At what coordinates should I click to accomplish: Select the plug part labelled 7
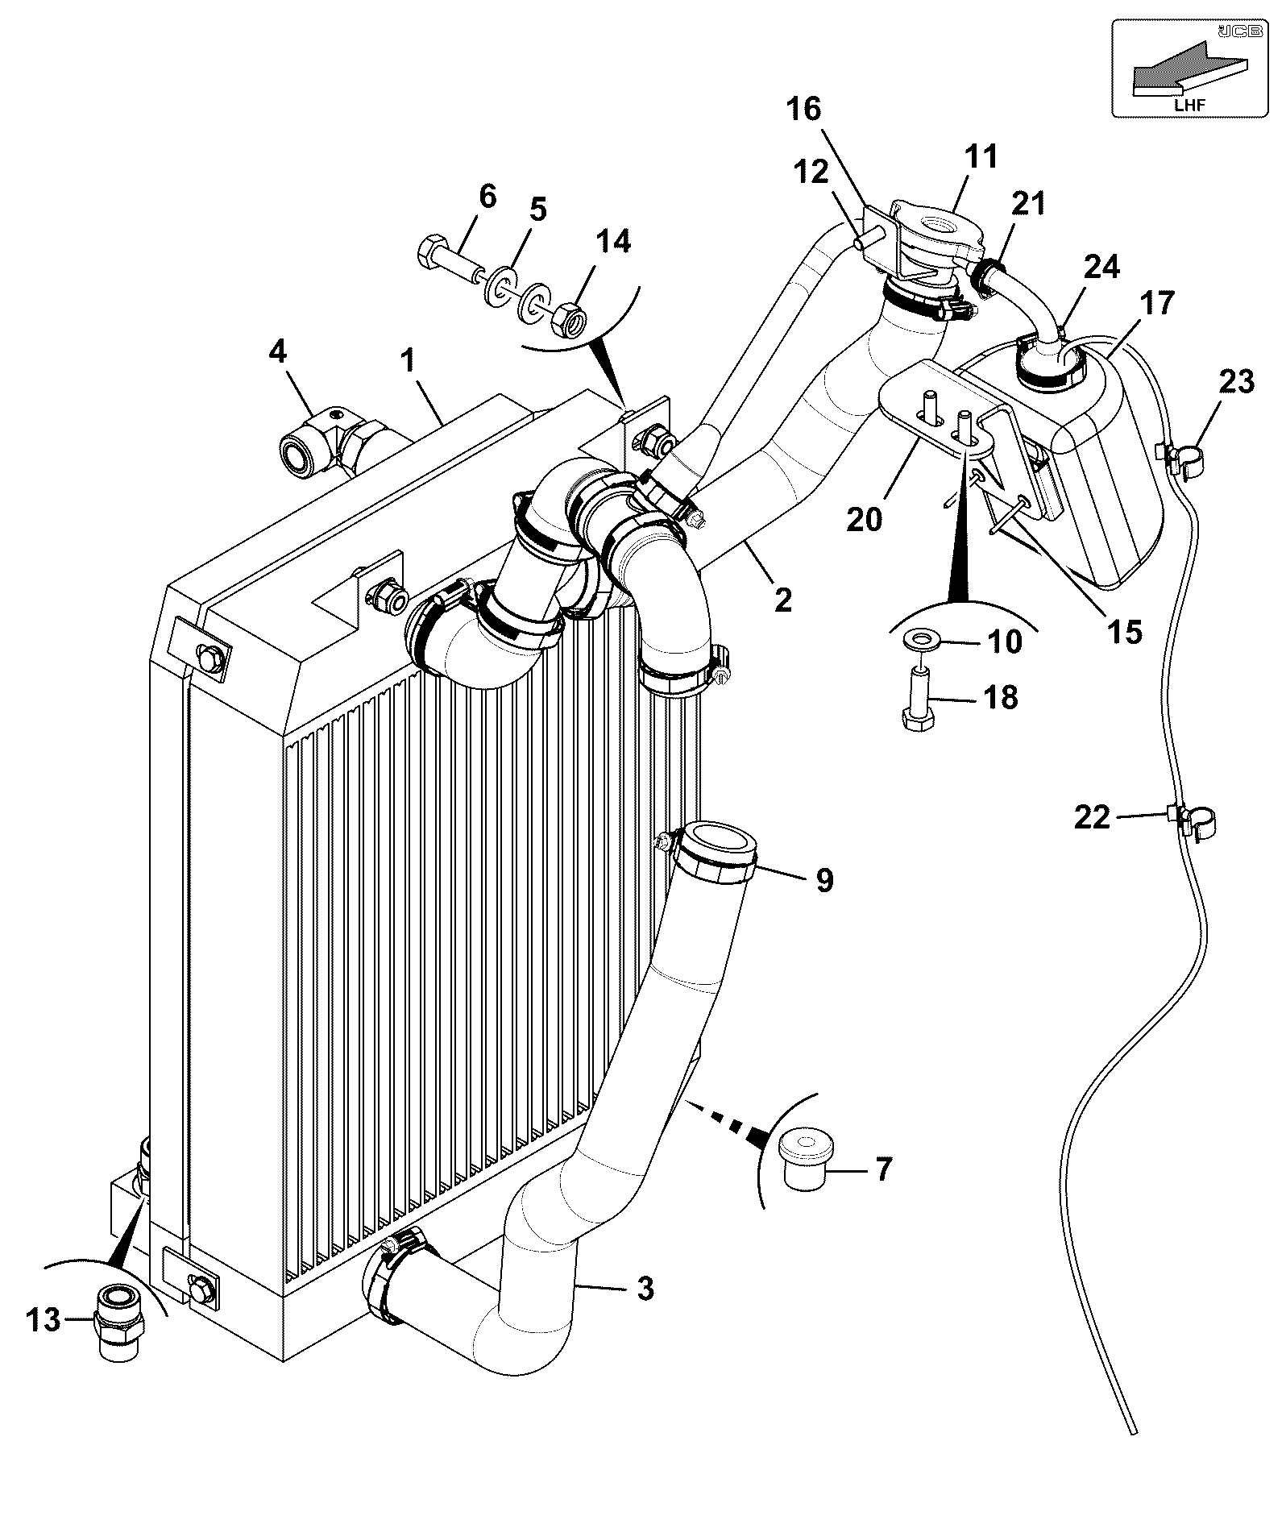tap(807, 1158)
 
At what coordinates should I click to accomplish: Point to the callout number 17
tap(1158, 304)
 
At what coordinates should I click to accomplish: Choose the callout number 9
tap(824, 879)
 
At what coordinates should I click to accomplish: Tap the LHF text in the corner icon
tap(1189, 104)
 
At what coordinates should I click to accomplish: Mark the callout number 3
tap(645, 1287)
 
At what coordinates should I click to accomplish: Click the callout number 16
tap(803, 108)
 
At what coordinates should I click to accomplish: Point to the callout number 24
tap(1101, 266)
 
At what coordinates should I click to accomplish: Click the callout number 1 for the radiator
tap(408, 359)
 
